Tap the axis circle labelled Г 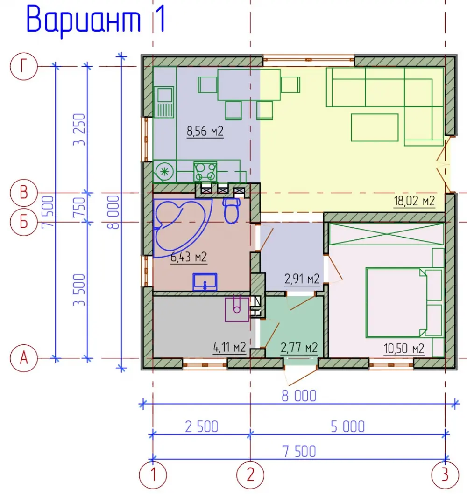coord(24,66)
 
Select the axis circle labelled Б coord(24,222)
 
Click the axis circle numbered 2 coord(250,475)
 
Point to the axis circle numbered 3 coord(445,475)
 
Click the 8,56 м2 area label coord(205,131)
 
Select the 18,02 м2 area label coord(414,201)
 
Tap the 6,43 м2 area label coord(189,257)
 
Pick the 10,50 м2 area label coord(403,349)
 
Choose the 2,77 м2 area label coord(299,348)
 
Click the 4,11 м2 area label coord(230,347)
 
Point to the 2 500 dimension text coord(202,427)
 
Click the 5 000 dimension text coord(347,427)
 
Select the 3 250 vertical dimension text coord(79,129)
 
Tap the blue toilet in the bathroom coord(232,210)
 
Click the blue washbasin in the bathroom coord(205,282)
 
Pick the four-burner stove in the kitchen coord(205,172)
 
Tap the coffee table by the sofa coord(375,127)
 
